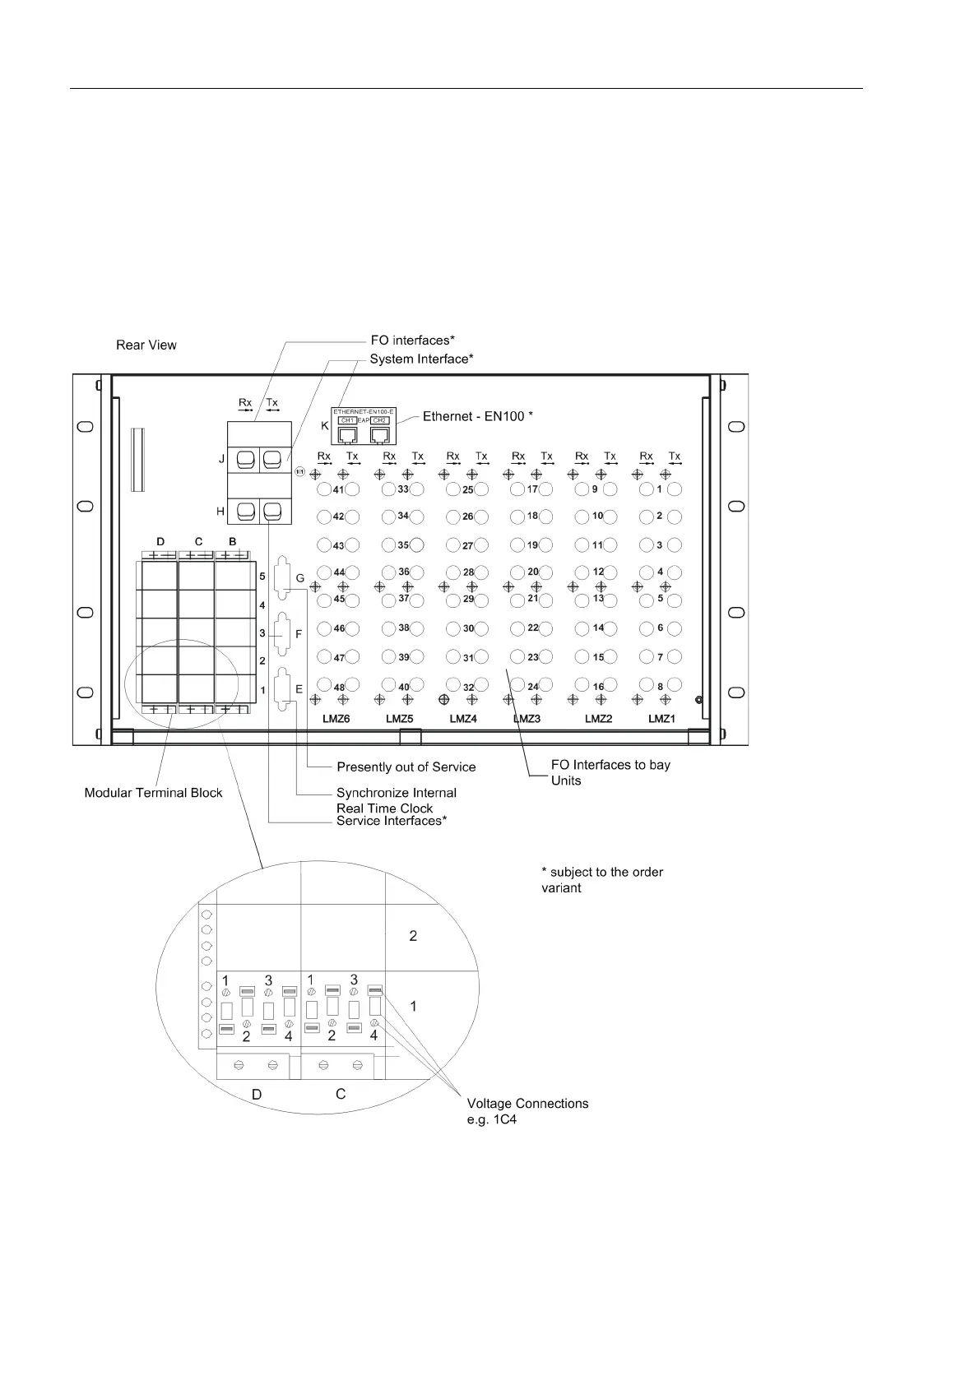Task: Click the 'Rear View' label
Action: tap(146, 345)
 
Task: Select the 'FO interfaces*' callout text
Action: tap(412, 340)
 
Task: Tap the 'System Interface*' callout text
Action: tap(421, 359)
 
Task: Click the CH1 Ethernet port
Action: tap(347, 433)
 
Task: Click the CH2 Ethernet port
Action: tap(379, 433)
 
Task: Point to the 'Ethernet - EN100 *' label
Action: tap(478, 417)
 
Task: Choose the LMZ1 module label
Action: tap(661, 719)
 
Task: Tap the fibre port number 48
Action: tap(339, 687)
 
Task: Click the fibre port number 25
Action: tap(467, 490)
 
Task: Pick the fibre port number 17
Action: tap(532, 489)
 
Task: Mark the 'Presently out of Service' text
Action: tap(406, 767)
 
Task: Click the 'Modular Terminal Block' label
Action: tap(154, 794)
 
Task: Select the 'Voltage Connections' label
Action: tap(527, 1104)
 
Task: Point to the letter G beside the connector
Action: tap(300, 579)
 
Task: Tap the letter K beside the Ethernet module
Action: tap(325, 426)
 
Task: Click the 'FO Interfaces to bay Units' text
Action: tap(610, 772)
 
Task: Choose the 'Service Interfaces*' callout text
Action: tap(392, 822)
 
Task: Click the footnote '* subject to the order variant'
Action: tap(602, 880)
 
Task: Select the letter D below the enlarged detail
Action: tap(257, 1095)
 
